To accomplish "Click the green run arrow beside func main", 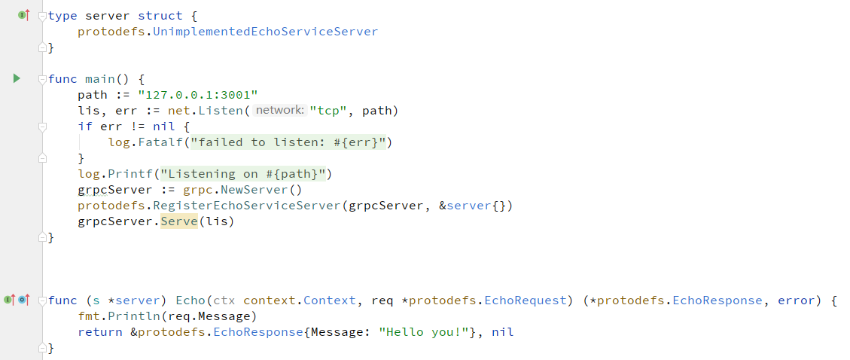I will coord(17,78).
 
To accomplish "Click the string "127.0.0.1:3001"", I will coord(198,95).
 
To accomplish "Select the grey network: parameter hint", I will coord(279,111).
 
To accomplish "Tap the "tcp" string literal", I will coord(331,111).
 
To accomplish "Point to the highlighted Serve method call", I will coord(178,221).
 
